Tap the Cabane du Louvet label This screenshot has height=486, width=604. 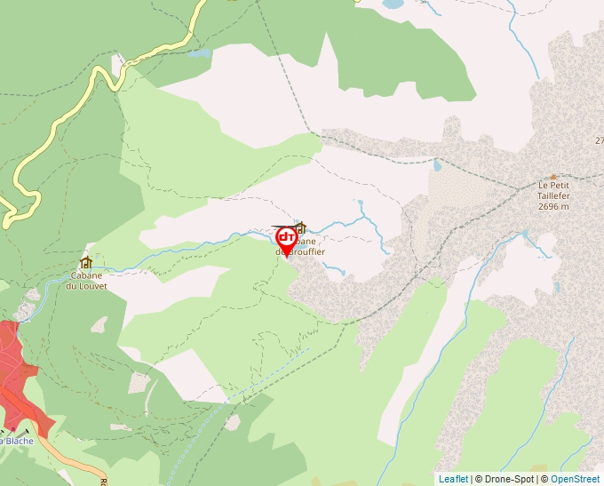click(88, 281)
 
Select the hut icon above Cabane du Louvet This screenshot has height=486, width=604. click(86, 263)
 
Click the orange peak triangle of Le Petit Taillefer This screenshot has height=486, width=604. click(553, 177)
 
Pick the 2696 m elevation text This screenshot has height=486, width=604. click(552, 206)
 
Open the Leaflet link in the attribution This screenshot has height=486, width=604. click(453, 479)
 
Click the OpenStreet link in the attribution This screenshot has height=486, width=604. click(576, 479)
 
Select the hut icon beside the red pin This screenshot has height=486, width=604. click(300, 228)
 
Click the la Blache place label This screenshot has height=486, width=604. click(16, 440)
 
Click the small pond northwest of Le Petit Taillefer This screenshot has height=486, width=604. click(436, 165)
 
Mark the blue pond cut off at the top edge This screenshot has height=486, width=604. click(391, 4)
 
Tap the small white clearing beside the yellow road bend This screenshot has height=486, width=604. click(117, 62)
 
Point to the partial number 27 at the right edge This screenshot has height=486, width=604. click(599, 140)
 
